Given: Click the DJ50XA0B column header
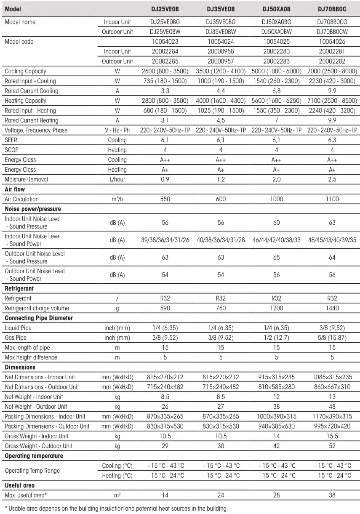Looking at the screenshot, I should coord(276,9).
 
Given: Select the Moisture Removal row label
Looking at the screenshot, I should coord(26,179).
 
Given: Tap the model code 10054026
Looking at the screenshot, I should coord(332,42).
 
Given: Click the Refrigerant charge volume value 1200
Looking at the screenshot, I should coord(276,308).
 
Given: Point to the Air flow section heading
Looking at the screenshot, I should coord(15,189).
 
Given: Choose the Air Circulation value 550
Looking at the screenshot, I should coord(165,199).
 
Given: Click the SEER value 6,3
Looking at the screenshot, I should coord(332,140).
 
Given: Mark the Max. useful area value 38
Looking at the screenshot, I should coord(332,495).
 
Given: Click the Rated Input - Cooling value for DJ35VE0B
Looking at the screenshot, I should coord(221,81).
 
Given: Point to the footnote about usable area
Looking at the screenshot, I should coord(116,508).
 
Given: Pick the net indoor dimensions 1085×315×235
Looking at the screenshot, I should coord(332,377).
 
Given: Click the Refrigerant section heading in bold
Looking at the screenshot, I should coord(19,289).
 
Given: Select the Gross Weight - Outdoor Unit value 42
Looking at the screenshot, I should coord(276,446).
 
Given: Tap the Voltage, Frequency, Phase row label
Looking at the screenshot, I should coord(36,130).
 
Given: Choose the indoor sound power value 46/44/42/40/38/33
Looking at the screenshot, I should coord(276,240).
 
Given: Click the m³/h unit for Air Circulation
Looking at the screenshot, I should coord(117,199).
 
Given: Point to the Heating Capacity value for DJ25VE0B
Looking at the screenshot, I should coord(165,101).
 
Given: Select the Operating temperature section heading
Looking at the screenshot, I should coord(34,456).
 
